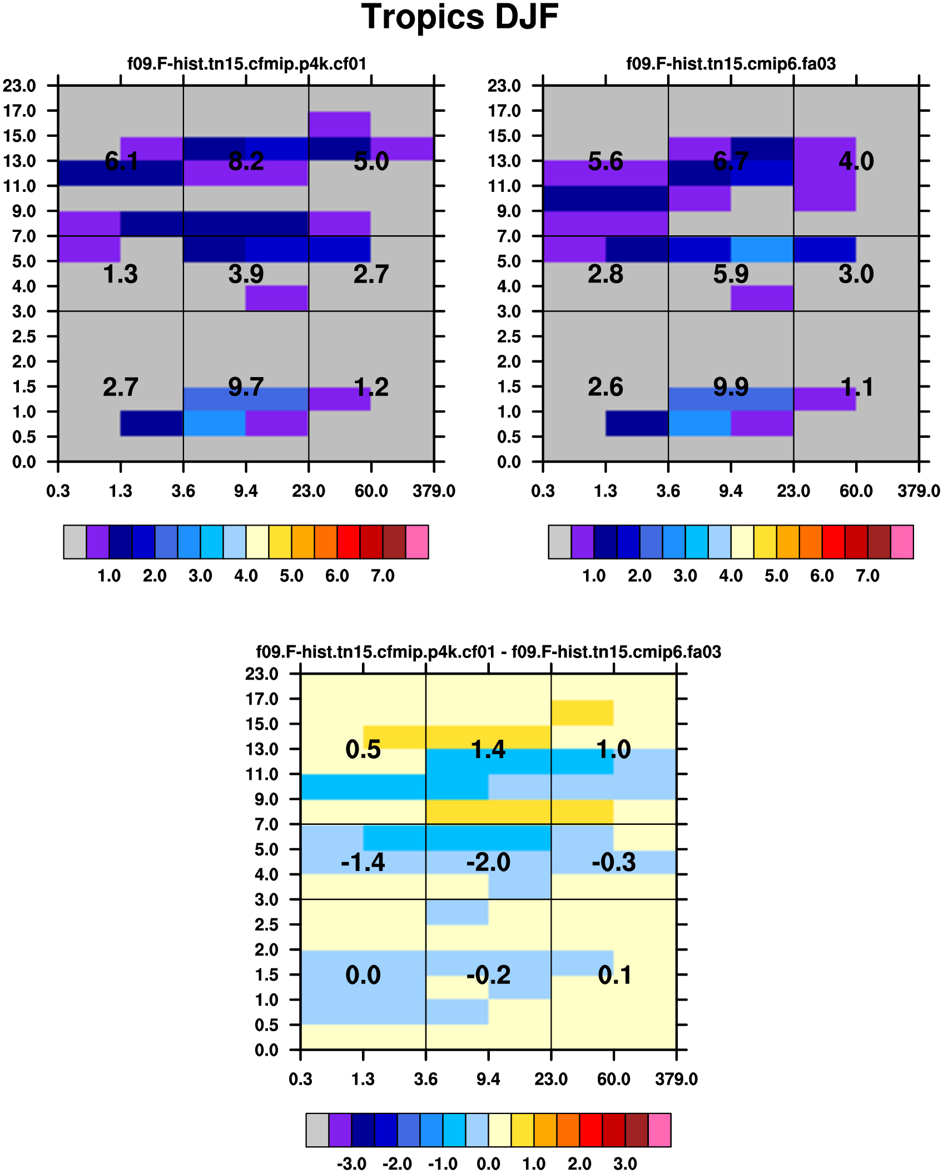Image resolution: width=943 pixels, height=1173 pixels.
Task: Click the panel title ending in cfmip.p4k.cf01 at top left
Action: (247, 64)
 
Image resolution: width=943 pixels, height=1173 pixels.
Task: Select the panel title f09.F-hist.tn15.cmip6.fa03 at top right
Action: (731, 64)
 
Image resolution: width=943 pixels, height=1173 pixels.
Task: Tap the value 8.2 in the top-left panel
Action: (246, 161)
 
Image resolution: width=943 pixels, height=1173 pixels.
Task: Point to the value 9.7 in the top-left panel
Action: (246, 387)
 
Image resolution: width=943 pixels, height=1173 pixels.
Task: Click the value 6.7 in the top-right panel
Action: (731, 161)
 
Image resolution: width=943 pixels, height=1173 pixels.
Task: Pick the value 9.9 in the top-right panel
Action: (731, 387)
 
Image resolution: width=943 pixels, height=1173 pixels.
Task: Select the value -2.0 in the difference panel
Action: (488, 862)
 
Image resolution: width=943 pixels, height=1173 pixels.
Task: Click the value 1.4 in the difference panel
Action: (488, 749)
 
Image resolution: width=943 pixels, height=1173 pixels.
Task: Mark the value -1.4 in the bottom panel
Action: (363, 862)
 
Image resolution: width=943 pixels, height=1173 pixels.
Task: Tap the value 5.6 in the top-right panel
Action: (605, 161)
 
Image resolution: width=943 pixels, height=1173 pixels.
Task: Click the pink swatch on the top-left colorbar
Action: (417, 541)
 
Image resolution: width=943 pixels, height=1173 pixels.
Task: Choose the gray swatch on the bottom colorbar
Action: (317, 1130)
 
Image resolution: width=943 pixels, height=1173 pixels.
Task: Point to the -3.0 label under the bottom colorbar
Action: (351, 1164)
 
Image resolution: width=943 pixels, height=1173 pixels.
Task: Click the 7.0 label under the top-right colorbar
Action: (867, 576)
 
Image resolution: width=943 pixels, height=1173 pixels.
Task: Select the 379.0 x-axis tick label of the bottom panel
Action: (676, 1080)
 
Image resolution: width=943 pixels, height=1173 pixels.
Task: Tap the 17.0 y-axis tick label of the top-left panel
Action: (19, 111)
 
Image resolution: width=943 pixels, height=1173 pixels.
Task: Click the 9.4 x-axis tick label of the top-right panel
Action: (731, 491)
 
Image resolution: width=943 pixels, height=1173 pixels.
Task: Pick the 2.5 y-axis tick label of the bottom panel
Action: (266, 924)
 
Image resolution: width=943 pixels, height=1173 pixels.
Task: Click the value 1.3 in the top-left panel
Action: (121, 274)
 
